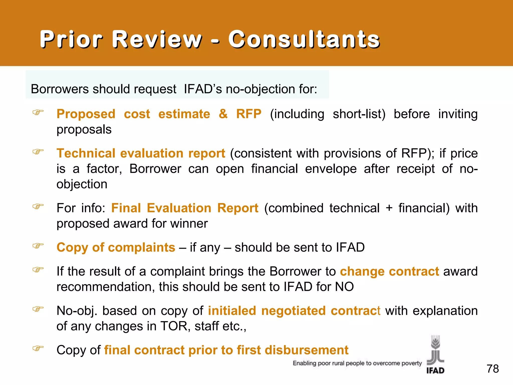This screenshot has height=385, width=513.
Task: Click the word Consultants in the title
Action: pos(304,39)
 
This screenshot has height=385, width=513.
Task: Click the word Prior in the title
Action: pos(71,39)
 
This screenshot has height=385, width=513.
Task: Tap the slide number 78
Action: pos(492,369)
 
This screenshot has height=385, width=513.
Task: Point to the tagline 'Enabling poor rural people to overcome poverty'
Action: pos(357,363)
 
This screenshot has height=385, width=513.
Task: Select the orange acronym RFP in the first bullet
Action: pos(249,114)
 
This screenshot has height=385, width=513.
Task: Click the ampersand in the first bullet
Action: pos(223,114)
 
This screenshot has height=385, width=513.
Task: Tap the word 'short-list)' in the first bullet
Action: pos(359,114)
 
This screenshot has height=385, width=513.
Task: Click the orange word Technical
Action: pos(86,153)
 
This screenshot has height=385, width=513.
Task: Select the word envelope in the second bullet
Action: pos(331,169)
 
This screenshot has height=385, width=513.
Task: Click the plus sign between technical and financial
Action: pos(389,208)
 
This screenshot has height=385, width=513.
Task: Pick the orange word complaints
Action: pos(142,247)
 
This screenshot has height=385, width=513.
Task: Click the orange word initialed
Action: pos(232,311)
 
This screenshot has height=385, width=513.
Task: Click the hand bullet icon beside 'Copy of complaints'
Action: pos(38,246)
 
